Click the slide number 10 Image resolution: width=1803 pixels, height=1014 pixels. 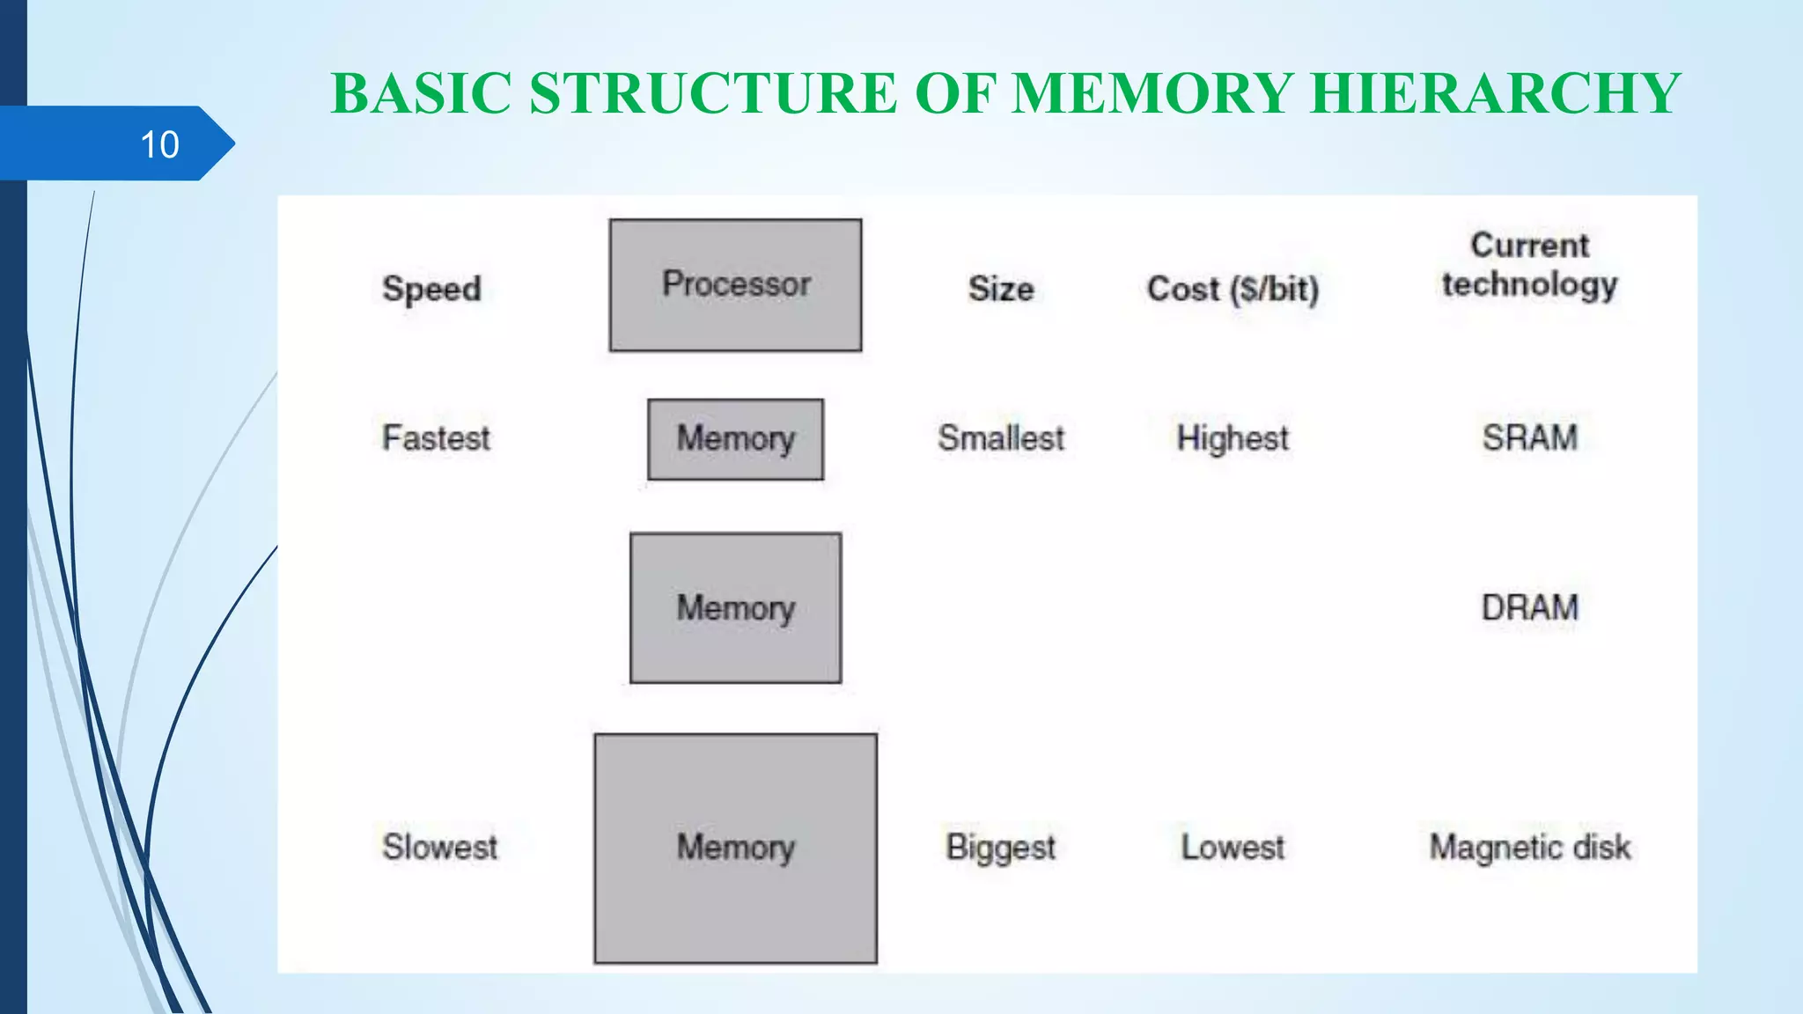click(x=159, y=144)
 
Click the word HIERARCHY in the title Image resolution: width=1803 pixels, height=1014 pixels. click(x=1495, y=93)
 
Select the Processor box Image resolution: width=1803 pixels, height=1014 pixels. click(x=735, y=285)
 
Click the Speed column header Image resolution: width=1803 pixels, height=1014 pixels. click(x=431, y=289)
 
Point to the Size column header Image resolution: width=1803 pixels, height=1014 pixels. click(x=1001, y=289)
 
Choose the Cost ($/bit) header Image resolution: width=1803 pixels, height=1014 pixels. click(x=1233, y=289)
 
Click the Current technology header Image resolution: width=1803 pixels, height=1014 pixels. click(x=1529, y=264)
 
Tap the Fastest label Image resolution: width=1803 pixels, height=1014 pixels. click(x=436, y=437)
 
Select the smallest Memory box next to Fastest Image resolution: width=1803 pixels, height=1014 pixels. click(x=735, y=439)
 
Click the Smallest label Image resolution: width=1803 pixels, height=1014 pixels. click(x=1001, y=437)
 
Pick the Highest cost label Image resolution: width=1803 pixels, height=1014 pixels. click(x=1233, y=437)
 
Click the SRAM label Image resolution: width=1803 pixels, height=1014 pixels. click(x=1529, y=437)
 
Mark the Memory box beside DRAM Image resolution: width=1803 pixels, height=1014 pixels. click(x=735, y=607)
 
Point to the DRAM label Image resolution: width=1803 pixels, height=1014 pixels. click(x=1529, y=607)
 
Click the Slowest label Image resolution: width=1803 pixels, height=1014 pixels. click(x=439, y=847)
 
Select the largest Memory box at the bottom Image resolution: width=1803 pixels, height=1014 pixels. click(x=735, y=848)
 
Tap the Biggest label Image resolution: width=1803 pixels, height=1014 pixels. click(x=1001, y=847)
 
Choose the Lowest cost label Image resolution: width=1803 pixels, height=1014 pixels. click(x=1233, y=847)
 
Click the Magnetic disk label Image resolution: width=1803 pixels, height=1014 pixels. click(x=1529, y=847)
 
